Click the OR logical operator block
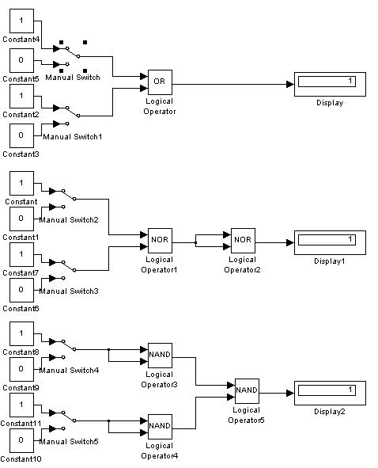(160, 82)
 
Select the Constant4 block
(21, 21)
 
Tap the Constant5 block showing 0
(21, 61)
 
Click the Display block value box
(327, 82)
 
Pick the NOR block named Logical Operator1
(160, 241)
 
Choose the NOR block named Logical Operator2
(243, 241)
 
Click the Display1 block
(330, 242)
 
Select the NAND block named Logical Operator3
(160, 356)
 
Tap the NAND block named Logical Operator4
(160, 427)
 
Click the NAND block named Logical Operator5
(247, 391)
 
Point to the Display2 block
(330, 393)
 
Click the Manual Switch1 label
(73, 137)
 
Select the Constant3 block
(21, 135)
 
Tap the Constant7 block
(21, 255)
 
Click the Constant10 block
(21, 440)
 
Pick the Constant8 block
(21, 333)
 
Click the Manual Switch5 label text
(69, 441)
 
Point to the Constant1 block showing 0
(21, 219)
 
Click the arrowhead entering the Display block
(290, 85)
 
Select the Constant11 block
(21, 405)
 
